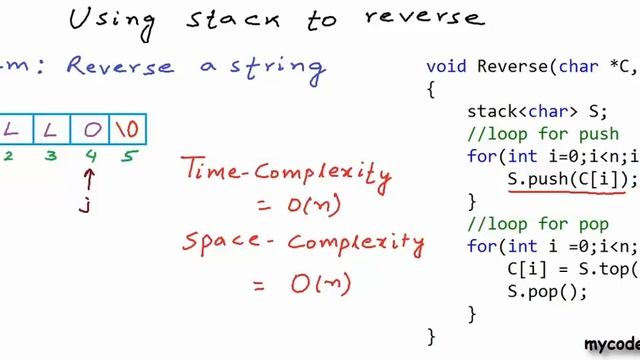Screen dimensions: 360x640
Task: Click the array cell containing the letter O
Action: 91,129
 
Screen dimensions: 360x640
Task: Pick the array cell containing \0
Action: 127,129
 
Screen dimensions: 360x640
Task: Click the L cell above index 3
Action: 51,129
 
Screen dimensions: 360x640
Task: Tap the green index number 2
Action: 8,156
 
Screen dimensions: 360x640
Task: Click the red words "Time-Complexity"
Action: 286,171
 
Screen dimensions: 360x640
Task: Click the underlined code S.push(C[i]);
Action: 570,179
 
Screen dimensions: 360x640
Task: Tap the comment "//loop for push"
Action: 534,134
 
